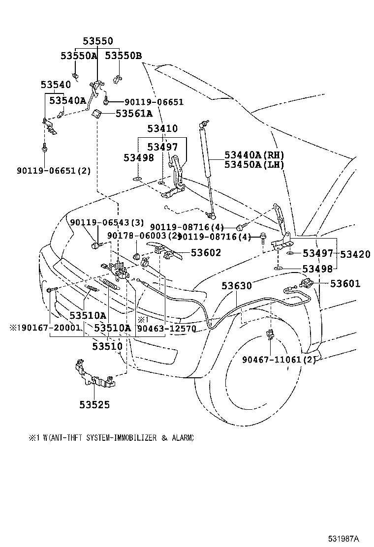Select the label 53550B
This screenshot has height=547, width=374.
pyautogui.click(x=123, y=56)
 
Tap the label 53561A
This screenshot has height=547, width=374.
pyautogui.click(x=134, y=114)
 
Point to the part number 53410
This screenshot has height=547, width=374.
pyautogui.click(x=162, y=129)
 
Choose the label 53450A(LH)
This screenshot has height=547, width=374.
pyautogui.click(x=254, y=164)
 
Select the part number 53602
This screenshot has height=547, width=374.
pyautogui.click(x=206, y=253)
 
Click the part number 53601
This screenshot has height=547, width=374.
pyautogui.click(x=345, y=283)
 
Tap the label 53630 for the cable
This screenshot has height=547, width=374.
pyautogui.click(x=236, y=285)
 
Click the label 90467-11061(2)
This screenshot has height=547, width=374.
pyautogui.click(x=278, y=359)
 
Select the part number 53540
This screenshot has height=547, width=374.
pyautogui.click(x=56, y=85)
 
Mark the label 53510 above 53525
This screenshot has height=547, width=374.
pyautogui.click(x=108, y=346)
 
